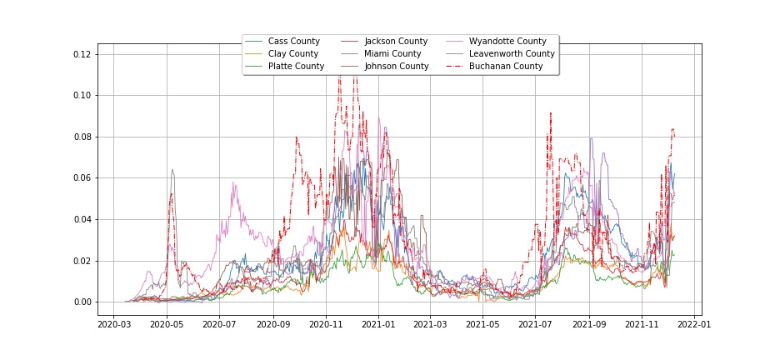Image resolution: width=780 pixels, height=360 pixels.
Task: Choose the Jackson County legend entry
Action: click(x=396, y=42)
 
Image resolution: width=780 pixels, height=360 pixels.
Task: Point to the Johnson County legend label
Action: click(x=397, y=67)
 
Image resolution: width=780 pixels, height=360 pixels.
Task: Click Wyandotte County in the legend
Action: click(x=507, y=42)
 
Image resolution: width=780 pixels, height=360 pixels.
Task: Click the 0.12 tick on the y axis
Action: click(x=81, y=54)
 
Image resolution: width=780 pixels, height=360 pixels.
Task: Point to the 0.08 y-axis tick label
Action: click(x=81, y=137)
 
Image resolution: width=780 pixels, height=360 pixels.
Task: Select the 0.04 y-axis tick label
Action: click(x=81, y=219)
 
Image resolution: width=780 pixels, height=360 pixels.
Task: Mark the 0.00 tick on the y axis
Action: click(x=81, y=302)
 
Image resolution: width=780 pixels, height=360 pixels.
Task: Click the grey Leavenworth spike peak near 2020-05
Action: click(x=172, y=170)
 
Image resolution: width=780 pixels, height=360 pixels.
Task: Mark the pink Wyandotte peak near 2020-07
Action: click(x=233, y=182)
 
